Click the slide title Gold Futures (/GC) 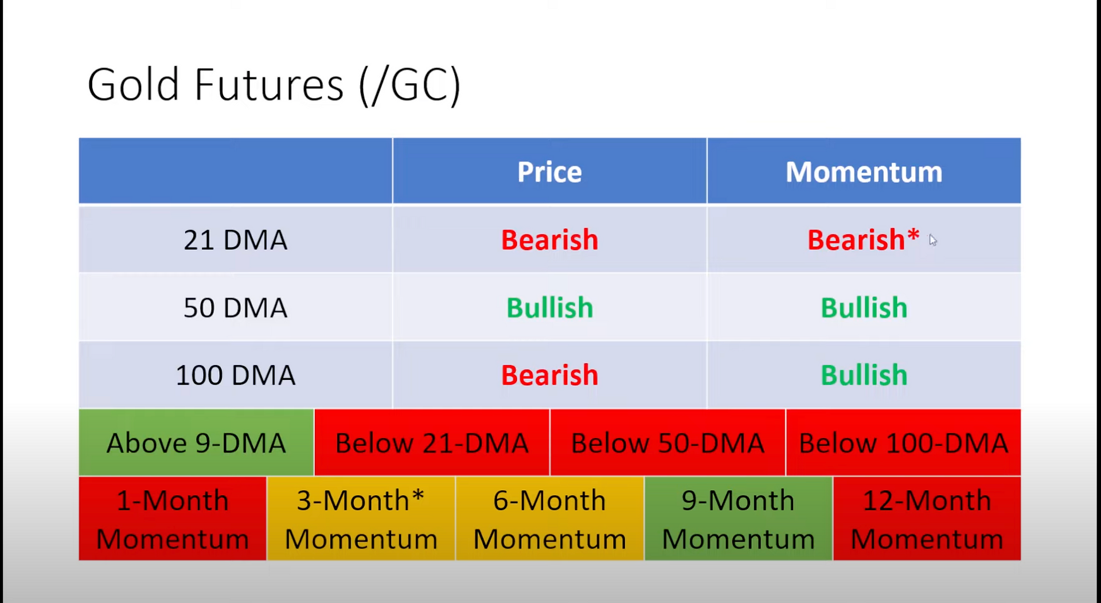pos(274,85)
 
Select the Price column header pos(549,171)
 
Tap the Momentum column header pos(864,171)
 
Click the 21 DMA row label pos(235,240)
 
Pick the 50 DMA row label pos(235,307)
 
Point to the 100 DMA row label pos(235,375)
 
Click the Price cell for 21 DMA pos(549,240)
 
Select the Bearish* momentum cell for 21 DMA pos(864,240)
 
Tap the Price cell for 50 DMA pos(549,307)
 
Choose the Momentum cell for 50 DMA pos(864,307)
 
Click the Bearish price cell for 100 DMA pos(549,375)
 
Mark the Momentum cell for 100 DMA pos(864,375)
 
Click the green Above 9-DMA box pos(196,443)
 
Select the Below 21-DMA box pos(432,443)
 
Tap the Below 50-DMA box pos(667,443)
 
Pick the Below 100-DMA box pos(903,443)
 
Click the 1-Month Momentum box pos(173,519)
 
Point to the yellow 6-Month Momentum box pos(550,519)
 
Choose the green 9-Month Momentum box pos(739,519)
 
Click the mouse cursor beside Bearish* pos(932,240)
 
